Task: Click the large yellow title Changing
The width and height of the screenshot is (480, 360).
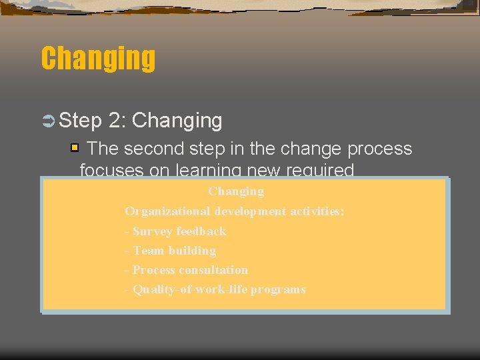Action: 98,59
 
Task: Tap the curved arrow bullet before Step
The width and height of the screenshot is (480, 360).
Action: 48,121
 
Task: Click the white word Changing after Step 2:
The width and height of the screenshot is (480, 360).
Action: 177,121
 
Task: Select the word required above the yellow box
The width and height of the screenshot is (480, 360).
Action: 320,171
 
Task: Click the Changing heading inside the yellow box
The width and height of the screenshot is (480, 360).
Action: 236,191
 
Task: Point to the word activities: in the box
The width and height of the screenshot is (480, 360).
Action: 316,211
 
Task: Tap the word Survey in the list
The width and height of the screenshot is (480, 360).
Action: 151,231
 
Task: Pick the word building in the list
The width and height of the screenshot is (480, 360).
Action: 192,251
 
